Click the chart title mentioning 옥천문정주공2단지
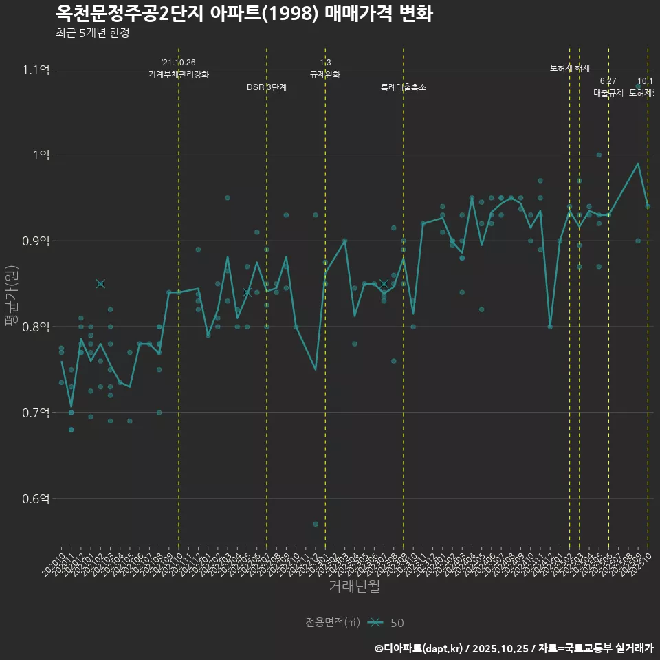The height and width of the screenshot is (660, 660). tap(244, 14)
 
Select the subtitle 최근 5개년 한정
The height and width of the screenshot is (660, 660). tap(92, 32)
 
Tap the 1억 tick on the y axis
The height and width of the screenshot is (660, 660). tap(41, 155)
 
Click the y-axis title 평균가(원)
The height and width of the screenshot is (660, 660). tap(12, 296)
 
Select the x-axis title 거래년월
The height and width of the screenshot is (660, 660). tap(354, 586)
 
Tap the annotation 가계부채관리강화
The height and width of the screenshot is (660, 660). tap(179, 74)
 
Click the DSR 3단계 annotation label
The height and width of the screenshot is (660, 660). tap(267, 87)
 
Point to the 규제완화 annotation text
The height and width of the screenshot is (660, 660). tap(325, 74)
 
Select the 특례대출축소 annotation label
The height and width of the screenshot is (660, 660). tap(404, 87)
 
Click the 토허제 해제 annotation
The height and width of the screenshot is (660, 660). tap(570, 68)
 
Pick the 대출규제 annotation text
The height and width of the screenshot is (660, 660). tap(608, 93)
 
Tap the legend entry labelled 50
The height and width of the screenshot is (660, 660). tap(397, 623)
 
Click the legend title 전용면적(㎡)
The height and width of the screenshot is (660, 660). tap(333, 622)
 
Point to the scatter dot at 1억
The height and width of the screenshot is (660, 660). tap(599, 155)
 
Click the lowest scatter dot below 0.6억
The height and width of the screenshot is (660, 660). tap(316, 524)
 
